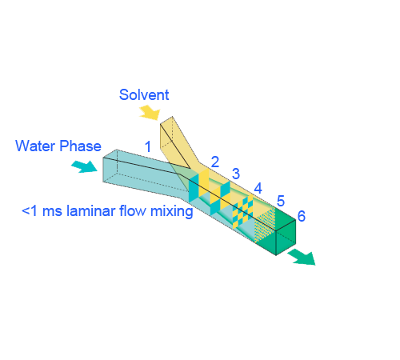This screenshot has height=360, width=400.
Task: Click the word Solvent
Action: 144,94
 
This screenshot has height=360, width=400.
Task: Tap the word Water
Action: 35,146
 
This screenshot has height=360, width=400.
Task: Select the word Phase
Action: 80,146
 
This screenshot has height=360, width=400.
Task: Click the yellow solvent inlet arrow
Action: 150,112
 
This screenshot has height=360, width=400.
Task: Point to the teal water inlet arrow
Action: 84,166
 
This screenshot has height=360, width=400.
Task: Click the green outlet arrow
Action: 302,257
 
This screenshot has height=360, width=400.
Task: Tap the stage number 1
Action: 148,146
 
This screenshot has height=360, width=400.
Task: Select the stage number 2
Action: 215,162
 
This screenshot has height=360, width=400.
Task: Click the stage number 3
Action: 236,174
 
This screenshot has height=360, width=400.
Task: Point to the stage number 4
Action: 258,188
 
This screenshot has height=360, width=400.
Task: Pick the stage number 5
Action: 281,201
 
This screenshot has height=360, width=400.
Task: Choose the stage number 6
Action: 302,216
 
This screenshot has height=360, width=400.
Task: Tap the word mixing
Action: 172,212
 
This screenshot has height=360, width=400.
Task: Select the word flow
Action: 133,211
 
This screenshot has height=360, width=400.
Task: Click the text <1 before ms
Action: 30,211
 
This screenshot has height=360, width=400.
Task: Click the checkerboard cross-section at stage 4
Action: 242,212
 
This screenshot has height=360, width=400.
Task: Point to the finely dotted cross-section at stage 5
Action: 265,226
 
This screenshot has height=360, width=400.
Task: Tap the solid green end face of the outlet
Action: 286,238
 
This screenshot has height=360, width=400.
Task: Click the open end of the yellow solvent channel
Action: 166,133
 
